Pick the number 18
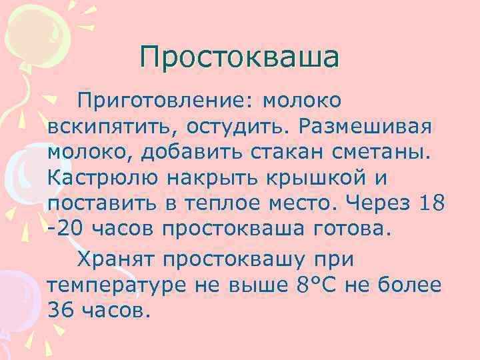431,203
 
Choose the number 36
61,309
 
